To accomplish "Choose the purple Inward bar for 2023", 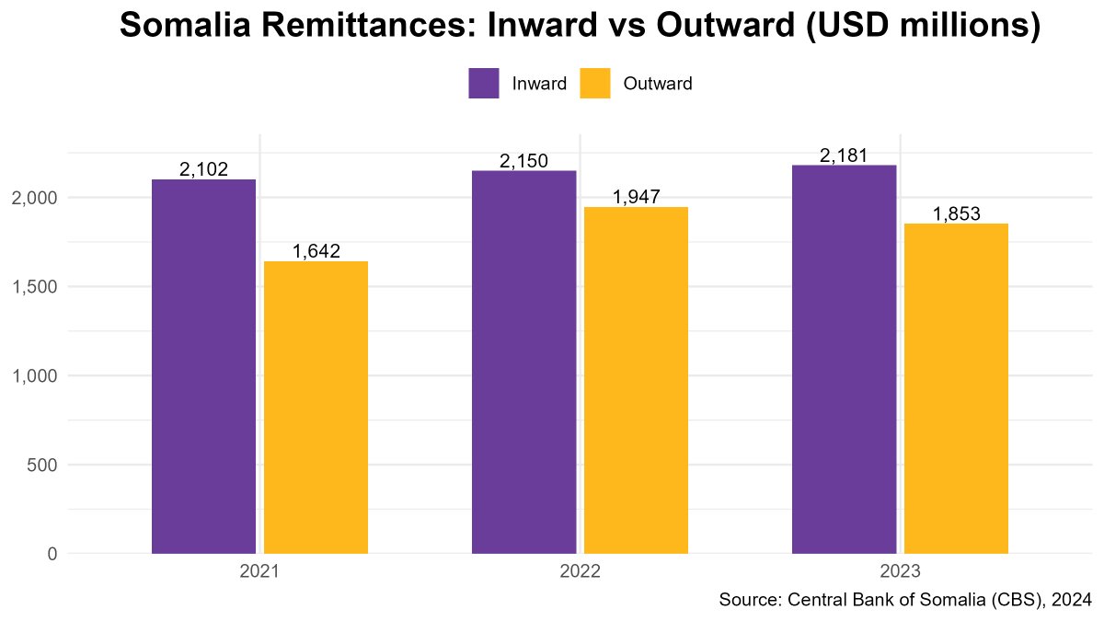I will [844, 359].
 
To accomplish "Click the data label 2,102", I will [203, 169].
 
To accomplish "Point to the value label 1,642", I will [316, 251].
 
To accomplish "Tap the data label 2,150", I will [523, 161].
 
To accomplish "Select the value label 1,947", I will [636, 197].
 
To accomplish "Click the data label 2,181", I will [844, 155].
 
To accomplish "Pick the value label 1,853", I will [956, 213].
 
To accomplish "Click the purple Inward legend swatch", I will [484, 83].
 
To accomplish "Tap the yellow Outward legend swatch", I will [594, 83].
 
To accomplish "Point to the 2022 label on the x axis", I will [580, 571].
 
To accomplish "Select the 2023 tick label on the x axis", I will [900, 571].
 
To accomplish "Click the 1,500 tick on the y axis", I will [36, 287].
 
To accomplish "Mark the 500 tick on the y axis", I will [43, 465].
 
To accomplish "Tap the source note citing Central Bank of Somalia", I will [904, 600].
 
